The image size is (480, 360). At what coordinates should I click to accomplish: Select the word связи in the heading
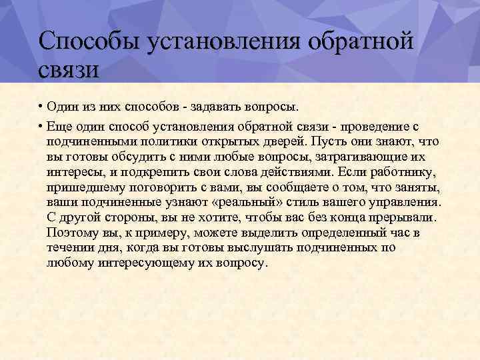click(x=69, y=69)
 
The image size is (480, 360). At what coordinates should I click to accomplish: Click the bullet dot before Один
click(x=41, y=107)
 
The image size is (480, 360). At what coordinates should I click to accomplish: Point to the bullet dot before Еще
click(x=41, y=126)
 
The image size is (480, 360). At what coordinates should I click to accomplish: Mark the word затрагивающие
click(x=346, y=157)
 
